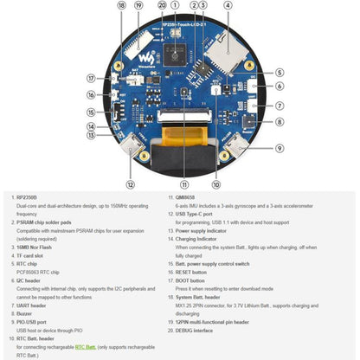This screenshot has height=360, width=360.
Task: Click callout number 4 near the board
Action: point(228,5)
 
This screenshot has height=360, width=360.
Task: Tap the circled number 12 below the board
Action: point(131,184)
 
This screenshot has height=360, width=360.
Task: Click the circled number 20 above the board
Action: point(162,5)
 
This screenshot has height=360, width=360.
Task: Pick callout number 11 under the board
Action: point(183,184)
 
